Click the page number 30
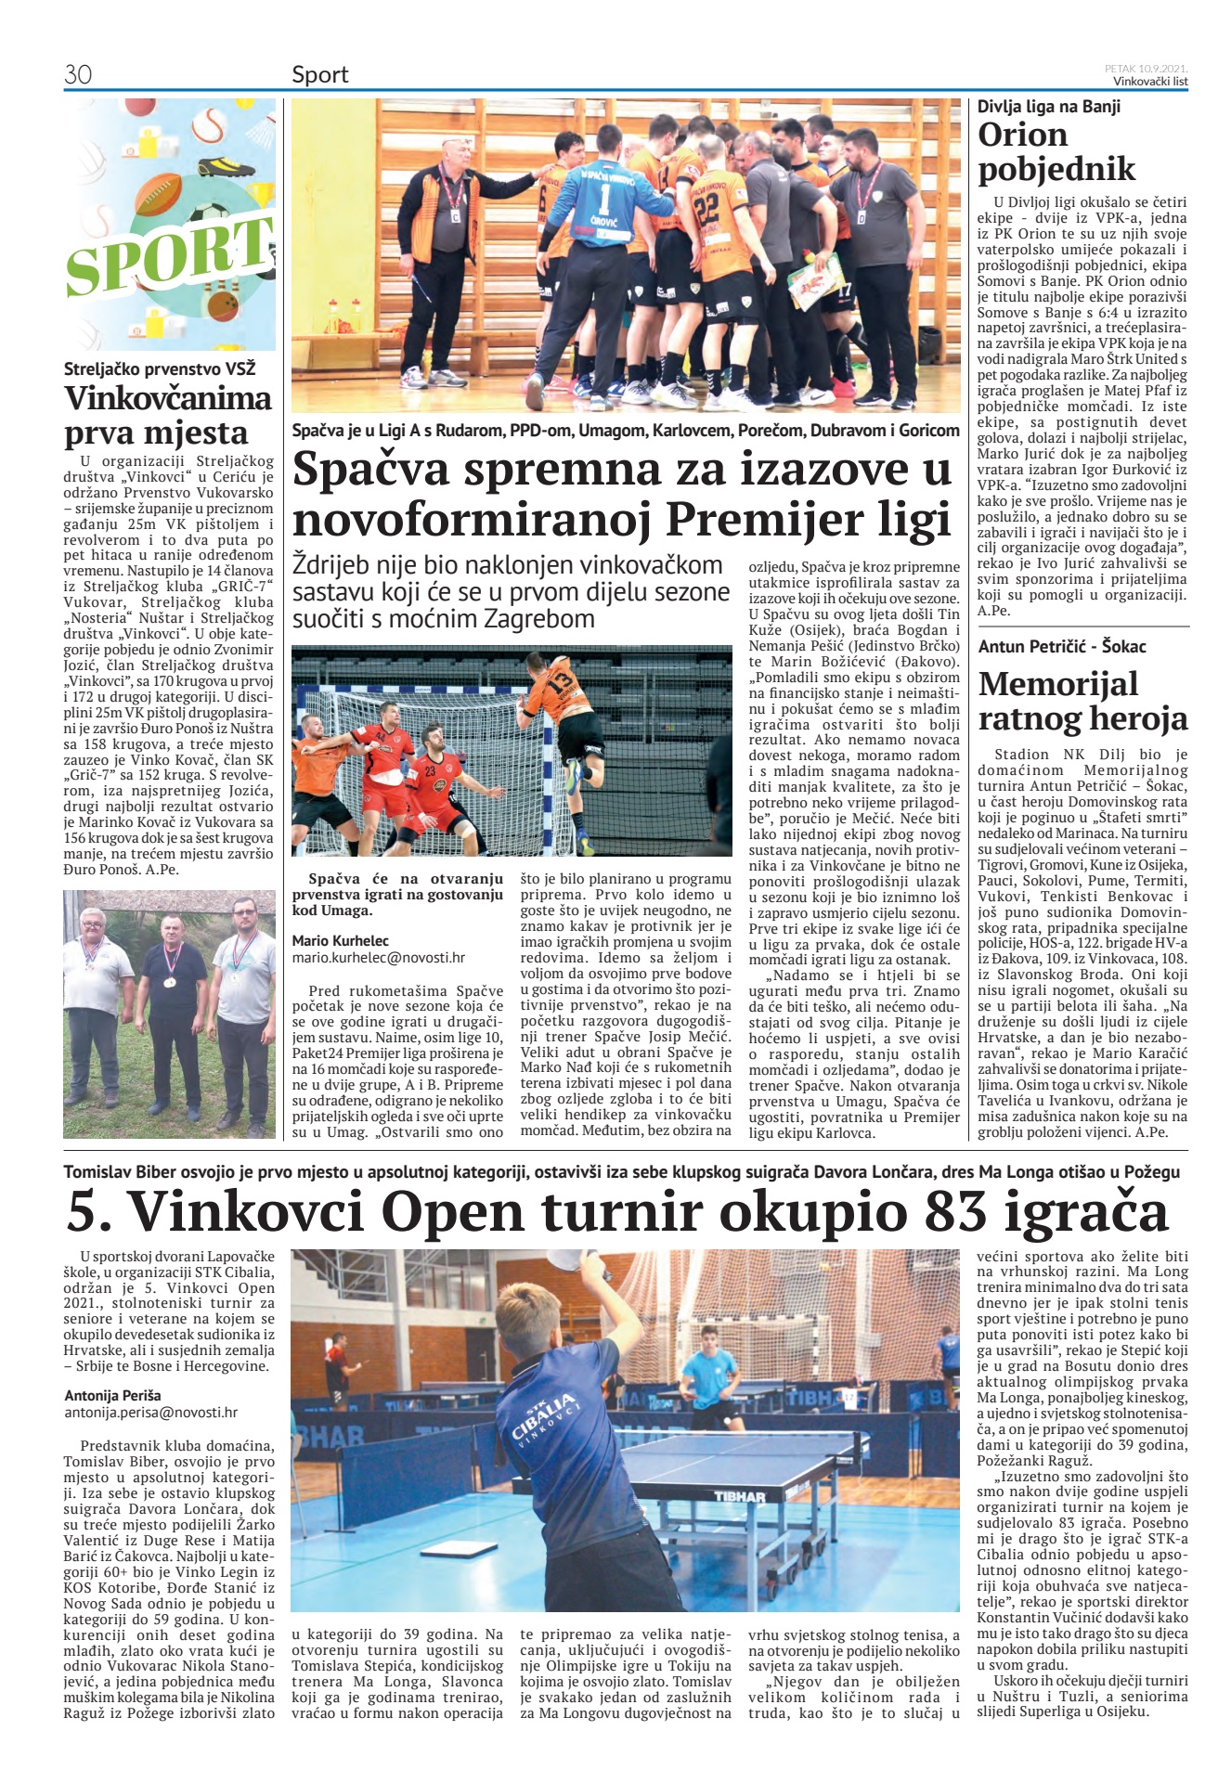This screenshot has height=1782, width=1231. (x=78, y=74)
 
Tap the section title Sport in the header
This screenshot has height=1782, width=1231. (x=319, y=74)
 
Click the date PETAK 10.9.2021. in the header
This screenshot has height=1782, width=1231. (x=1146, y=68)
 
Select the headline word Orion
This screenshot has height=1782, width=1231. (x=1022, y=136)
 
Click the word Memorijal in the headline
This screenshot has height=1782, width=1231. (x=1057, y=684)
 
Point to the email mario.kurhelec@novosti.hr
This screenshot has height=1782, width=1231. (x=378, y=957)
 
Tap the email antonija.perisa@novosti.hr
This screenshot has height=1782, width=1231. (x=150, y=1412)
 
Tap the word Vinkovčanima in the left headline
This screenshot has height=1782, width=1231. (x=168, y=399)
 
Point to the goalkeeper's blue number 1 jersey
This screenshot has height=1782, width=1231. (x=604, y=200)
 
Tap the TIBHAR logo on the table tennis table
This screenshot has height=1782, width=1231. (x=739, y=1496)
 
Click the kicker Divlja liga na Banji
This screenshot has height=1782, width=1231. (x=1048, y=107)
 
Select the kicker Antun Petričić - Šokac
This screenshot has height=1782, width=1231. (x=1061, y=647)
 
